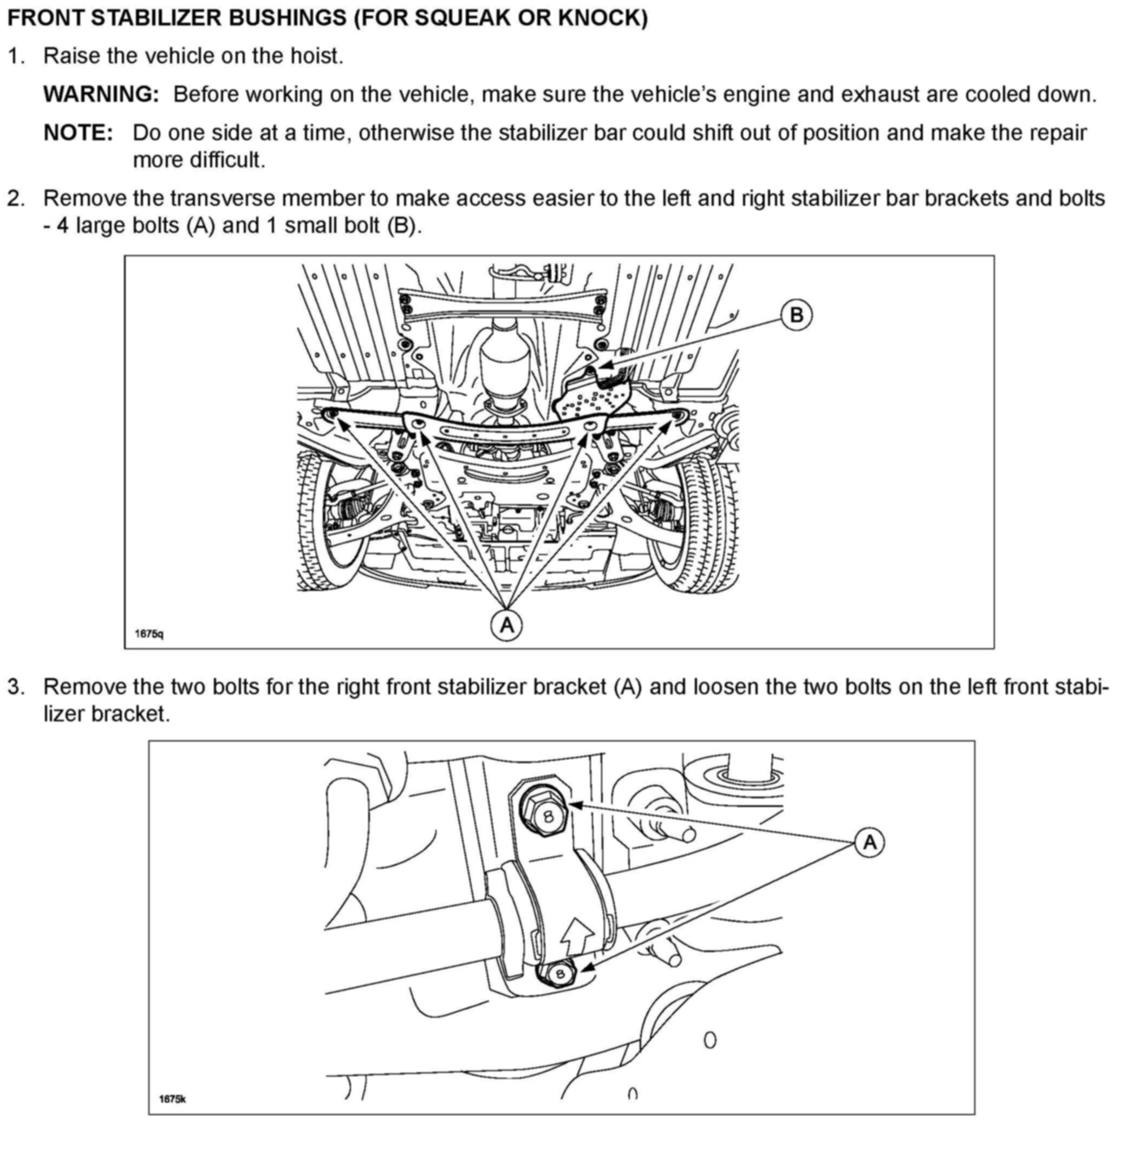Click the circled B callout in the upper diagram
pos(796,315)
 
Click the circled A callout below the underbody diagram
pos(507,625)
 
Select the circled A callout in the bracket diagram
pos(870,842)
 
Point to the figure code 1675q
pos(148,634)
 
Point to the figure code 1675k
pos(173,1099)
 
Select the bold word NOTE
pos(78,133)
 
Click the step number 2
pos(16,198)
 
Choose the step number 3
pos(16,687)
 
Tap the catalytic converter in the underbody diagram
pos(504,358)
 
